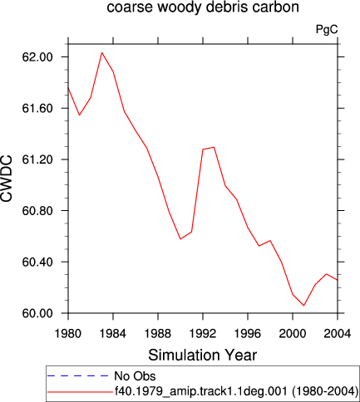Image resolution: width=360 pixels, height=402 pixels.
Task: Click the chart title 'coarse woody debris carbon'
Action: click(203, 7)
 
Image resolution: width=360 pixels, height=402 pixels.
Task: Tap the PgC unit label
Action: click(327, 29)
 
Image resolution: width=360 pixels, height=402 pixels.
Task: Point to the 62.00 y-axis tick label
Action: click(37, 57)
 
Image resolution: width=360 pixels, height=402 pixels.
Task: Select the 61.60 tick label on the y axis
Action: click(37, 108)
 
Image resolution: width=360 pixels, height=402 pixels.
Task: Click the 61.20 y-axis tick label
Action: click(37, 159)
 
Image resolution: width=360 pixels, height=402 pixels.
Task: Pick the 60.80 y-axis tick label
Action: click(37, 211)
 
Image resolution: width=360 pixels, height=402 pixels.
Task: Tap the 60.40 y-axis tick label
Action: click(37, 262)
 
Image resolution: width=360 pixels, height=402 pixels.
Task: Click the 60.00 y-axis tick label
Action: click(37, 313)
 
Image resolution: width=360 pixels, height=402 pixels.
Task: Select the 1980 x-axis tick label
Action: click(68, 334)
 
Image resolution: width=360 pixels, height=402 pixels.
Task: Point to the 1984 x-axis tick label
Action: click(113, 334)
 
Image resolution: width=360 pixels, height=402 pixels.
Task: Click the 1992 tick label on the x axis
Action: click(203, 334)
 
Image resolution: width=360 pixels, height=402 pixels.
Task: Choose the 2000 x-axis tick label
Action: click(293, 334)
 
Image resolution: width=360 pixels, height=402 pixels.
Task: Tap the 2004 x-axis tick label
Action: click(338, 334)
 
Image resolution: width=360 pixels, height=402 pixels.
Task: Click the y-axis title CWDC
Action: click(7, 179)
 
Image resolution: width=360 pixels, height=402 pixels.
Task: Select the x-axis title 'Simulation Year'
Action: click(203, 355)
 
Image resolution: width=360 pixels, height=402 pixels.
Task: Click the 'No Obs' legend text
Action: click(135, 376)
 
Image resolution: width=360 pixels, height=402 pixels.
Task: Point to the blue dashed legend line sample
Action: click(77, 375)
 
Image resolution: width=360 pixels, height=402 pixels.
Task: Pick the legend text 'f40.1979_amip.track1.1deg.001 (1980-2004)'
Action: click(236, 391)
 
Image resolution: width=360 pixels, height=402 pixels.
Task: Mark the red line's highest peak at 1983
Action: click(101, 52)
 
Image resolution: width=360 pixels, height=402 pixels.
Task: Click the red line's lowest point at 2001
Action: click(304, 306)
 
